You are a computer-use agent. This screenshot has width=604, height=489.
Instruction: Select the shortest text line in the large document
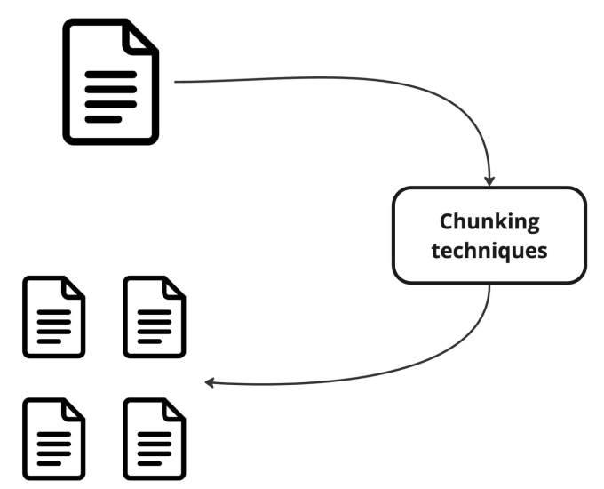click(103, 118)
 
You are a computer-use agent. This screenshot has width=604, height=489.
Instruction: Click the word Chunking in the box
click(489, 220)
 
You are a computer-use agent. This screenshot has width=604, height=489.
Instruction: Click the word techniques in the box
click(489, 250)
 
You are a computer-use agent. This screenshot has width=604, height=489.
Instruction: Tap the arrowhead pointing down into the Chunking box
click(489, 181)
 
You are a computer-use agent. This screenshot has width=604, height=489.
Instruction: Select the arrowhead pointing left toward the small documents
click(210, 383)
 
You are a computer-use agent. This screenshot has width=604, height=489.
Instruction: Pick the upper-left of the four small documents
click(53, 317)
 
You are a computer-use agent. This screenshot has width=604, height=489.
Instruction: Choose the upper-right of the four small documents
click(154, 317)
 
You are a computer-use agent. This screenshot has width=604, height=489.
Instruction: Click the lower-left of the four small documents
click(53, 438)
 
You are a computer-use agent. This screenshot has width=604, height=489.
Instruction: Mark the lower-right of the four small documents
click(154, 438)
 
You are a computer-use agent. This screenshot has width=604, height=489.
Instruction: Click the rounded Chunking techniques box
click(489, 235)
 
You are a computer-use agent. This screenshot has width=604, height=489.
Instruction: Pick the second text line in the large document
click(110, 89)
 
